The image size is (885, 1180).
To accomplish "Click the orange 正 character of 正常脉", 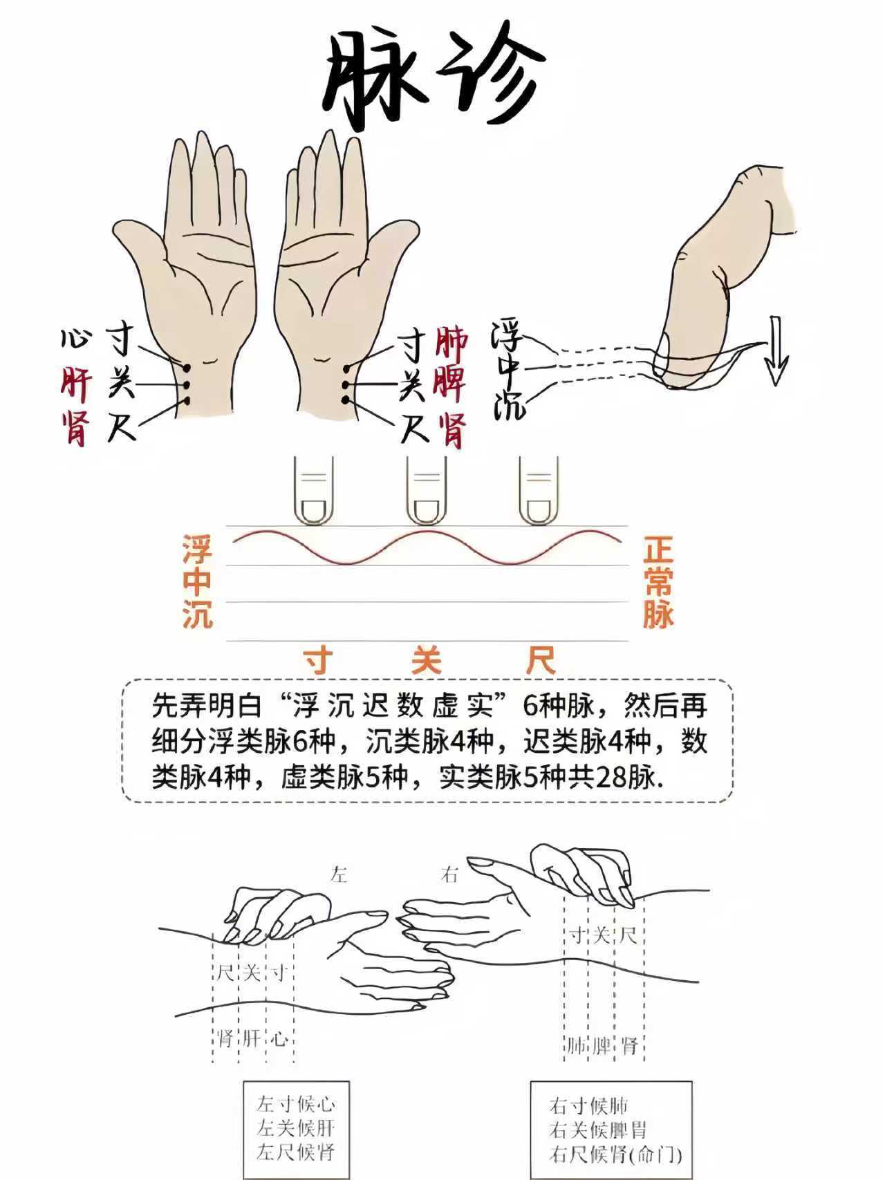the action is pos(658,552).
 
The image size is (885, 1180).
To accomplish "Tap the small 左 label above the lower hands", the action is pos(339,875).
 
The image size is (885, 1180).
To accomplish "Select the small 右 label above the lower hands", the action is pos(449,875).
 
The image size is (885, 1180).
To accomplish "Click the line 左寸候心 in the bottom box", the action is pos(296,1103).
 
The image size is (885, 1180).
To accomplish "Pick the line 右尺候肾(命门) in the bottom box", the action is pos(616,1154).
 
